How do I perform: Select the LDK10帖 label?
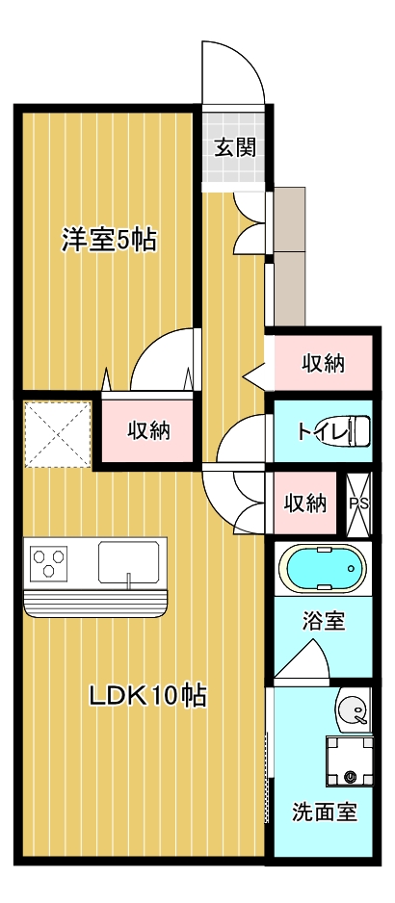tap(148, 695)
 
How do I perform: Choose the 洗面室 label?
tap(325, 812)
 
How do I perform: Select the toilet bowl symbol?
tap(357, 430)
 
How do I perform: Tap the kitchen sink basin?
tap(130, 560)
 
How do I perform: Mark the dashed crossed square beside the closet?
tap(57, 432)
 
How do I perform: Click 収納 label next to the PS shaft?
tap(305, 503)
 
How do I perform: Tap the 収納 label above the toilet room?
tap(323, 363)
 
